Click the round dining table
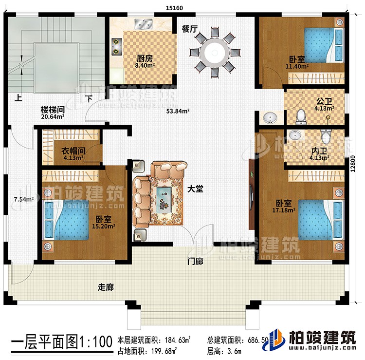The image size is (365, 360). pos(214,50)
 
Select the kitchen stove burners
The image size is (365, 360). pos(117,45)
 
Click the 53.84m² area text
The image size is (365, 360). pos(179,111)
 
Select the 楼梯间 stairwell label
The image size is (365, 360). pos(51,111)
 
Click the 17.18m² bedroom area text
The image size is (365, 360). pos(282,211)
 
